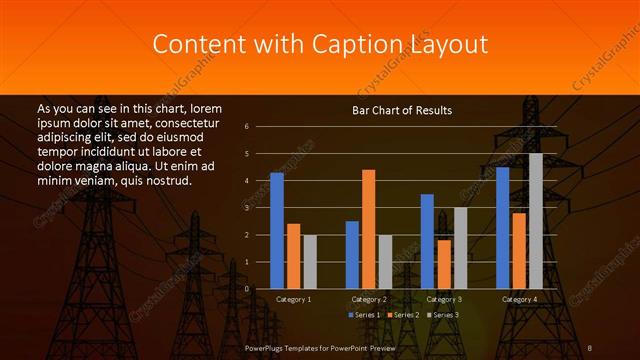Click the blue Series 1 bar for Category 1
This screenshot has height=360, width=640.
pyautogui.click(x=277, y=231)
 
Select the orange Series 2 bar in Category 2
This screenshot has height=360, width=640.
pyautogui.click(x=369, y=229)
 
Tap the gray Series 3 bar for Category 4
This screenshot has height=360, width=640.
pyautogui.click(x=536, y=221)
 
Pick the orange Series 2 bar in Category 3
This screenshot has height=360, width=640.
pyautogui.click(x=444, y=264)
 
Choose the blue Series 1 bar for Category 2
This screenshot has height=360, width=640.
pyautogui.click(x=352, y=255)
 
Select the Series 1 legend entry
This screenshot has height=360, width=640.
pyautogui.click(x=363, y=315)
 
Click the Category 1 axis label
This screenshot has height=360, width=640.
pyautogui.click(x=293, y=299)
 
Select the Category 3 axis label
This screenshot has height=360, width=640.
pyautogui.click(x=444, y=299)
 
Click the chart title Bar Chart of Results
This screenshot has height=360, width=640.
pyautogui.click(x=402, y=109)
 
